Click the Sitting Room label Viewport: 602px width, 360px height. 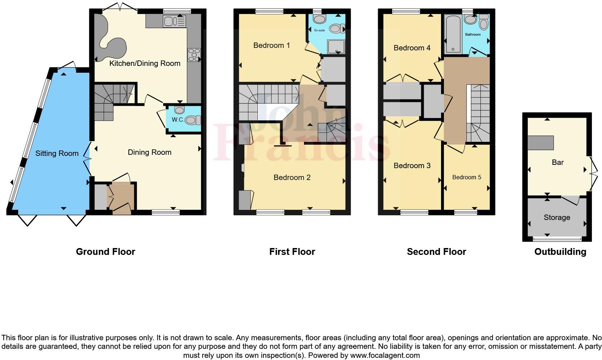(57, 153)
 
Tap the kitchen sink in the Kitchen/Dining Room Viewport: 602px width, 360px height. (174, 21)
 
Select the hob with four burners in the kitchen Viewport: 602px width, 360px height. (194, 55)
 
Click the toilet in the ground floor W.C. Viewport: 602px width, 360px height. (193, 120)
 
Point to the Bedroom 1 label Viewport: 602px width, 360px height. (271, 45)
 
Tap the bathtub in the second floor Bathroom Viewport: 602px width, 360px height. (453, 34)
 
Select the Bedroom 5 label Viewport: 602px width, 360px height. (467, 177)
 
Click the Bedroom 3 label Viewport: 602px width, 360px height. (412, 166)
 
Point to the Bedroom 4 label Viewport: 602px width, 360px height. (412, 48)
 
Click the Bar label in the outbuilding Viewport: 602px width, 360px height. (557, 162)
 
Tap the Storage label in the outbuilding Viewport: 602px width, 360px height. (557, 217)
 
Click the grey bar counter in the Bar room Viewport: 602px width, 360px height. (540, 143)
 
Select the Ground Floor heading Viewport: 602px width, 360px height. (105, 252)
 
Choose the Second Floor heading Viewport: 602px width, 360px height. (436, 252)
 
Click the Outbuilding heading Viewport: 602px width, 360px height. (560, 252)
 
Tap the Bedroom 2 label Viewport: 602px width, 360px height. (292, 177)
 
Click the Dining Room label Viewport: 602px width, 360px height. (149, 152)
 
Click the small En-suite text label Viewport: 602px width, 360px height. (319, 30)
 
